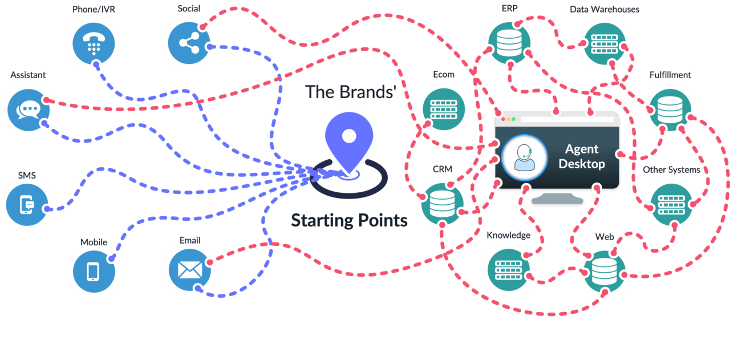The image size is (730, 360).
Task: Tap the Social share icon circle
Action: pos(189,43)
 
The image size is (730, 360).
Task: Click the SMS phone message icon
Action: pos(27,204)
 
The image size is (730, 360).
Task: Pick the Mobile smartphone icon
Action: pos(94,272)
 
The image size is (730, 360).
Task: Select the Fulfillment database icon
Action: pos(670,109)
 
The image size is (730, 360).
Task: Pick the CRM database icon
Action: pos(442,204)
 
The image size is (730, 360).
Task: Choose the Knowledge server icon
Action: pos(508,269)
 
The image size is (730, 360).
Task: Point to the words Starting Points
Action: pos(349,221)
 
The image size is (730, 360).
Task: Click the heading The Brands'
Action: pos(350,92)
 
